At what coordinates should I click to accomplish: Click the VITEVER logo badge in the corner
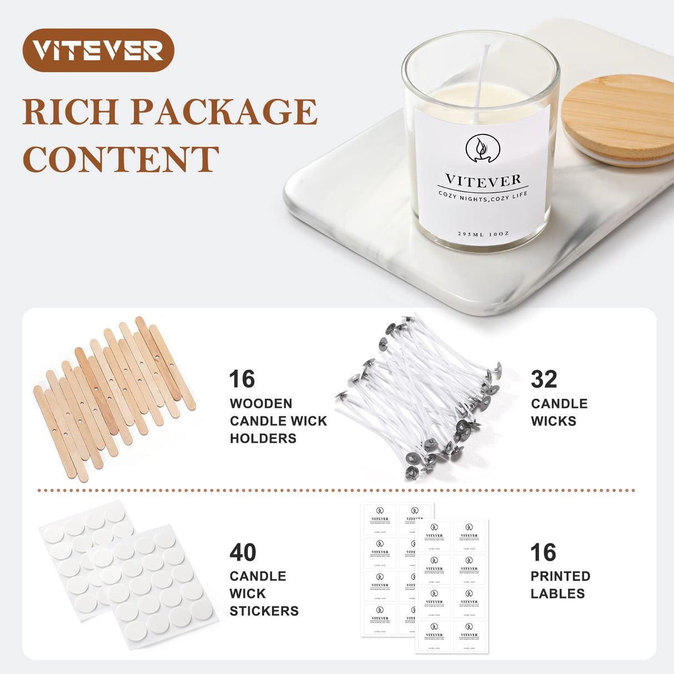[98, 51]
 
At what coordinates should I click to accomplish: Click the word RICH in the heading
[70, 112]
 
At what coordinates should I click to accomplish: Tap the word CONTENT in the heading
[121, 159]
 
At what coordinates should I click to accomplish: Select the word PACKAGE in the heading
[224, 112]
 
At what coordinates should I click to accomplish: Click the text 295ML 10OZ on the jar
[483, 234]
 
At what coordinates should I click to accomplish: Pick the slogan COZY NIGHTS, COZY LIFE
[483, 196]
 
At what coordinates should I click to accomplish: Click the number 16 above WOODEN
[242, 379]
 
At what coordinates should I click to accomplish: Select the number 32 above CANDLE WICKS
[544, 379]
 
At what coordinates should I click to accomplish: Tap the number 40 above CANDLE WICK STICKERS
[243, 552]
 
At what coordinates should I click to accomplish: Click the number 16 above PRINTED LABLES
[543, 552]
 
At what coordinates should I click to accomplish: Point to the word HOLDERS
[263, 438]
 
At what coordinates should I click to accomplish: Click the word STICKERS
[264, 611]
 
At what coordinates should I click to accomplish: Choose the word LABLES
[557, 593]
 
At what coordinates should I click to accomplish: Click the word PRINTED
[560, 576]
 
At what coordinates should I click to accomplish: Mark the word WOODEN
[261, 404]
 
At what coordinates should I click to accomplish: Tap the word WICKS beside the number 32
[554, 421]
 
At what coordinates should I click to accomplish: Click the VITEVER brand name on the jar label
[483, 180]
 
